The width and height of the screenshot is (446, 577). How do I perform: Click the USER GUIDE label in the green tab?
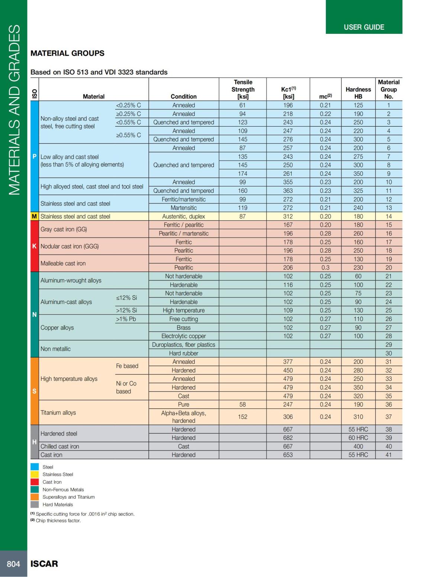click(364, 27)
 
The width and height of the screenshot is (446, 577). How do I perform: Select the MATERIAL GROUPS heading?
click(67, 53)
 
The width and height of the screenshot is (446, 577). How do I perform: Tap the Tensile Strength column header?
click(243, 89)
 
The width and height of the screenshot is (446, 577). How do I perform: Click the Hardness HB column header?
click(358, 93)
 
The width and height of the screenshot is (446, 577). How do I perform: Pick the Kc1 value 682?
click(288, 438)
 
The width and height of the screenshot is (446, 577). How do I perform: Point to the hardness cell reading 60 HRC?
click(358, 438)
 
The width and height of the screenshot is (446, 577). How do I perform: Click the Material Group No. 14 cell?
click(388, 216)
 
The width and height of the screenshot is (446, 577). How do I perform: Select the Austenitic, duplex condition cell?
click(184, 216)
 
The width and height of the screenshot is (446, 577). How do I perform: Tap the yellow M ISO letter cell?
click(34, 216)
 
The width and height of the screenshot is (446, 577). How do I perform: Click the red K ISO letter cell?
click(34, 246)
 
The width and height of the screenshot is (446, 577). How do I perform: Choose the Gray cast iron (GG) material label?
click(64, 229)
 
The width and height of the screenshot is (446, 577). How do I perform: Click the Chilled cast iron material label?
click(59, 446)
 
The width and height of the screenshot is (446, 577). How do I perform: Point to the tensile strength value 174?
click(242, 174)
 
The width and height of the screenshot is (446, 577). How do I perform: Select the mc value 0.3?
click(325, 268)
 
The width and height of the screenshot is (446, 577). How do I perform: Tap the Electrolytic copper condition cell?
click(184, 336)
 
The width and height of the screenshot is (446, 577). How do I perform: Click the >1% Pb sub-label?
click(126, 319)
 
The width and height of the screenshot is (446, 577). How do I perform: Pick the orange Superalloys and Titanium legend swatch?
click(35, 497)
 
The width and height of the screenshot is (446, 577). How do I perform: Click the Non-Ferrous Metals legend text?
click(63, 489)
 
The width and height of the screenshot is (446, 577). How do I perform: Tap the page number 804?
click(13, 564)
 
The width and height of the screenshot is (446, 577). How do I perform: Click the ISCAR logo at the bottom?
click(44, 564)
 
